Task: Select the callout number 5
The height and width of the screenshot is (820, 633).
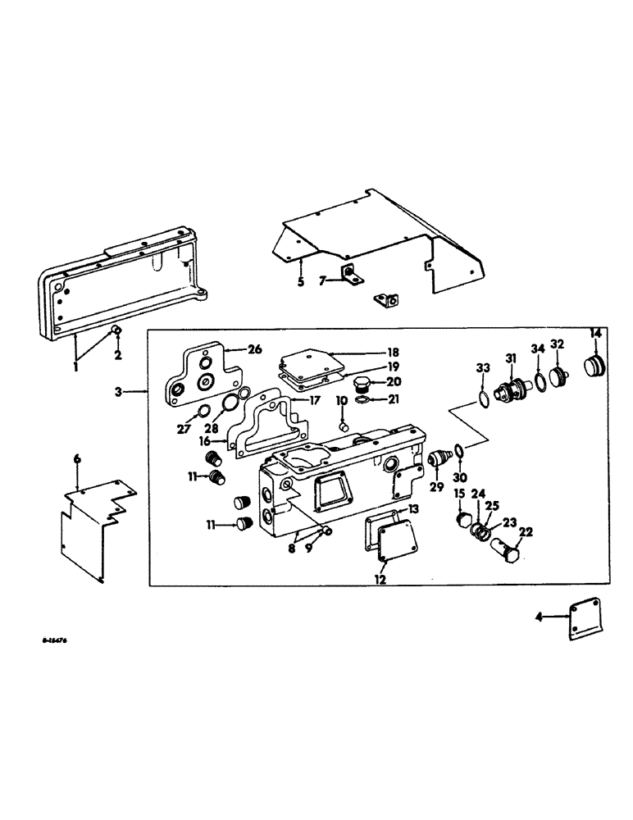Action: pos(301,283)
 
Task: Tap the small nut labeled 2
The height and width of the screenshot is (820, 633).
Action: pos(116,331)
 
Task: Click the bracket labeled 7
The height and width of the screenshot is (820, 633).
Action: pos(352,278)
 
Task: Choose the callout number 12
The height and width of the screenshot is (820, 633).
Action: pos(380,580)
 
